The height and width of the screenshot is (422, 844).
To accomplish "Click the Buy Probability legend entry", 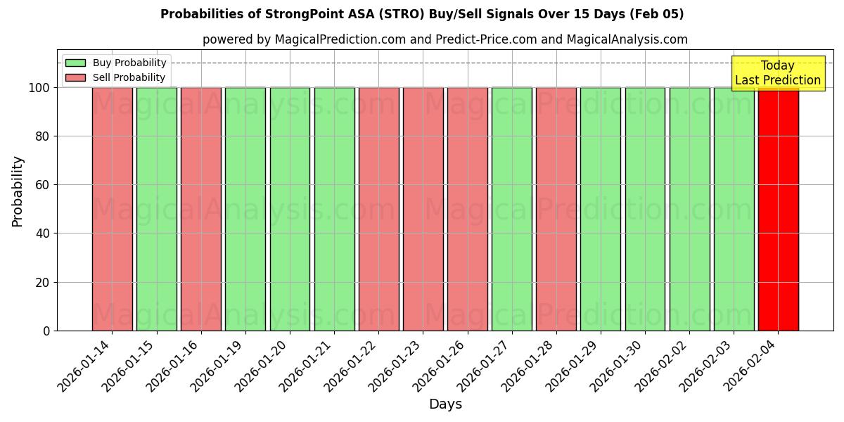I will point(115,63).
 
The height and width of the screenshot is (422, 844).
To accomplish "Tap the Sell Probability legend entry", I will point(115,77).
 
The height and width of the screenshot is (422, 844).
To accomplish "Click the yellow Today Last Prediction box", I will point(777,73).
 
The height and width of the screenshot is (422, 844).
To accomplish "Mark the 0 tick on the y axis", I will point(46,331).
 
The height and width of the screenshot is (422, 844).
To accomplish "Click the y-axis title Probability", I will point(18,191).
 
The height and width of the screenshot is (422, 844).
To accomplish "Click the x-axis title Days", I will point(445,404).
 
